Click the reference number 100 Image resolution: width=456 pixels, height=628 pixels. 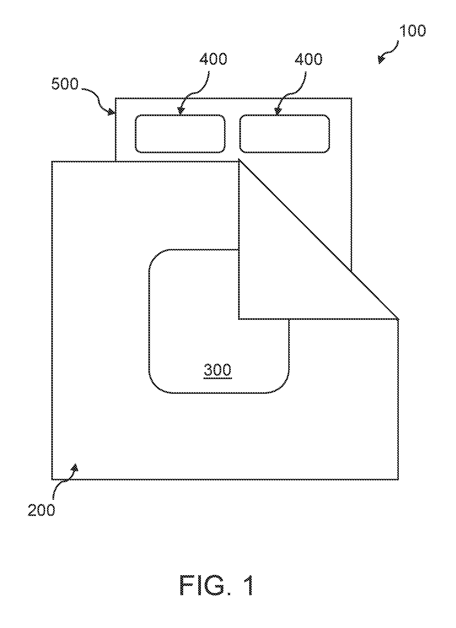click(412, 31)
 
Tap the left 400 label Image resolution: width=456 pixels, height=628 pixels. click(214, 59)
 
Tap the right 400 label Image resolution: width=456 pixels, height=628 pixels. click(309, 59)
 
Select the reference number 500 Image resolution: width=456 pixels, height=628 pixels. click(65, 84)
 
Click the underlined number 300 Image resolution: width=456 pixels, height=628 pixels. click(218, 370)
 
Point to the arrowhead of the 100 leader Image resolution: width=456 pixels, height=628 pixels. click(382, 60)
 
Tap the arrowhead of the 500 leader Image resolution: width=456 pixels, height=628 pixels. click(111, 113)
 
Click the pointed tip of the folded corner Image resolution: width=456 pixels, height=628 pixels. click(399, 319)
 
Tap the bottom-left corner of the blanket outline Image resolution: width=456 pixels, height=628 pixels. click(52, 479)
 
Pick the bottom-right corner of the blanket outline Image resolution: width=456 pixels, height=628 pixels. click(399, 479)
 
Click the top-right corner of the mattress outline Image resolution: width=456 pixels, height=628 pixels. click(352, 98)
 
